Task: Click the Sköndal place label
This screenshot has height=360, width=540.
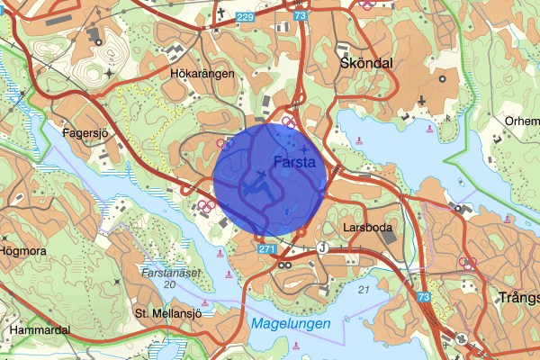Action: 367,64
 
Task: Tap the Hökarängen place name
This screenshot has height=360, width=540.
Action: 195,76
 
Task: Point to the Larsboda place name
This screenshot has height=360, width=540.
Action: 368,228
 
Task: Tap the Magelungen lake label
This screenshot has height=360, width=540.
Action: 290,322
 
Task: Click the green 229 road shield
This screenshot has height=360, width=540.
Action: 245,17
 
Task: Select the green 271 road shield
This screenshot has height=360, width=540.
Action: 265,247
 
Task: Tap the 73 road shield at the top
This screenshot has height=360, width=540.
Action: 300,15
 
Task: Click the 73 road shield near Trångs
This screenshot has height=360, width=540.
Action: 424,297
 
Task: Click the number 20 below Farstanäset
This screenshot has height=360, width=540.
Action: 169,284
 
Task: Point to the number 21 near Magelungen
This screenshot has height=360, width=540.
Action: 364,289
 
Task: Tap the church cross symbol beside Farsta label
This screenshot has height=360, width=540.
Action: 304,148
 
